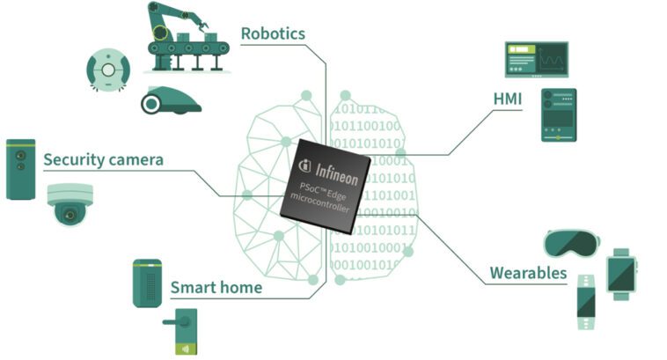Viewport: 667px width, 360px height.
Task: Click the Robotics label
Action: point(273,34)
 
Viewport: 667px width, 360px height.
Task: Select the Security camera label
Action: point(103,159)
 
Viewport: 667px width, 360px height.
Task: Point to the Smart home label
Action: point(216,287)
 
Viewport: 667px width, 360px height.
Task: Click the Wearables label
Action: point(528,273)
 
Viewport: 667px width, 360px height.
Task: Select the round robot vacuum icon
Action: point(108,69)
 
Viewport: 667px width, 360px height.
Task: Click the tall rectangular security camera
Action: point(20,168)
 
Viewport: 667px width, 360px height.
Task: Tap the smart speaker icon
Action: point(147,283)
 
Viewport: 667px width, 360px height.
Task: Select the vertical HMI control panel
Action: point(558,114)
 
